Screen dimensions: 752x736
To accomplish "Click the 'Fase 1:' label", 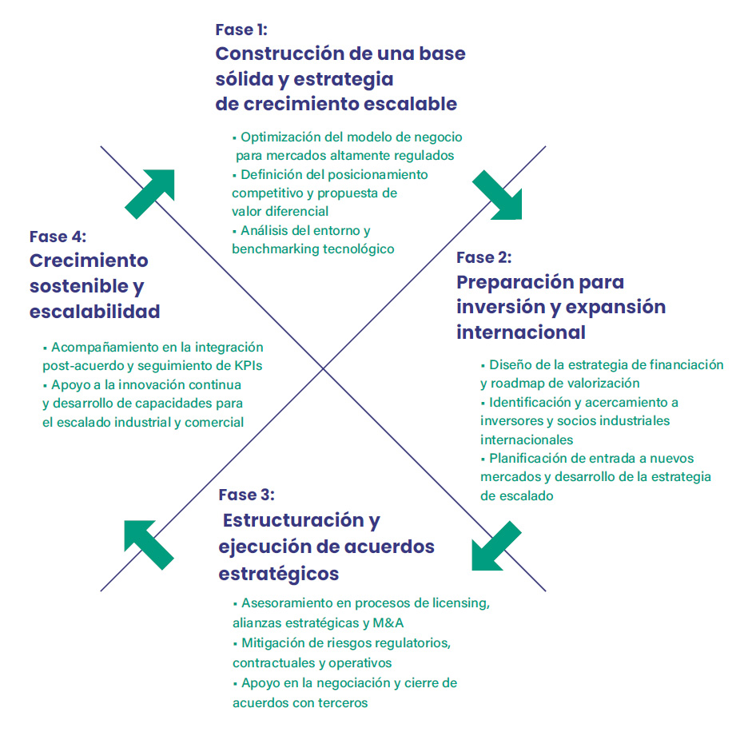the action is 241,30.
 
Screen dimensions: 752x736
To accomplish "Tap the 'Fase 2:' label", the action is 484,257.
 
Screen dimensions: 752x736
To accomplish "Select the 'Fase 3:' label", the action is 246,495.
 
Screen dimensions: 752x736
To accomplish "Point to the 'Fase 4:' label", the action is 58,237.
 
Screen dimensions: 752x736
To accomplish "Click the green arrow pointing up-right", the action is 149,194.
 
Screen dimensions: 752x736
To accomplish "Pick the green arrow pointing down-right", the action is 497,195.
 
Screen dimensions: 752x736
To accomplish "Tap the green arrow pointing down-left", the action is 496,546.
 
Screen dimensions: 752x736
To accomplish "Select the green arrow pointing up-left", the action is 149,545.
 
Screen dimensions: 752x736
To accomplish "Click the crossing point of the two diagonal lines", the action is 323,368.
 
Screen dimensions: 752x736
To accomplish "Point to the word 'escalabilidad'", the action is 95,312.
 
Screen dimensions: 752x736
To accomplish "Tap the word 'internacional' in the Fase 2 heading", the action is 521,332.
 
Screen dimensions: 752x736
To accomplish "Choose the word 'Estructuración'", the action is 293,520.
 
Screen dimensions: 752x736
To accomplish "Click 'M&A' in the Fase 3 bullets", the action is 388,623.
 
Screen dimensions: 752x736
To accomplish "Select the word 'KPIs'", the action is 249,366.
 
